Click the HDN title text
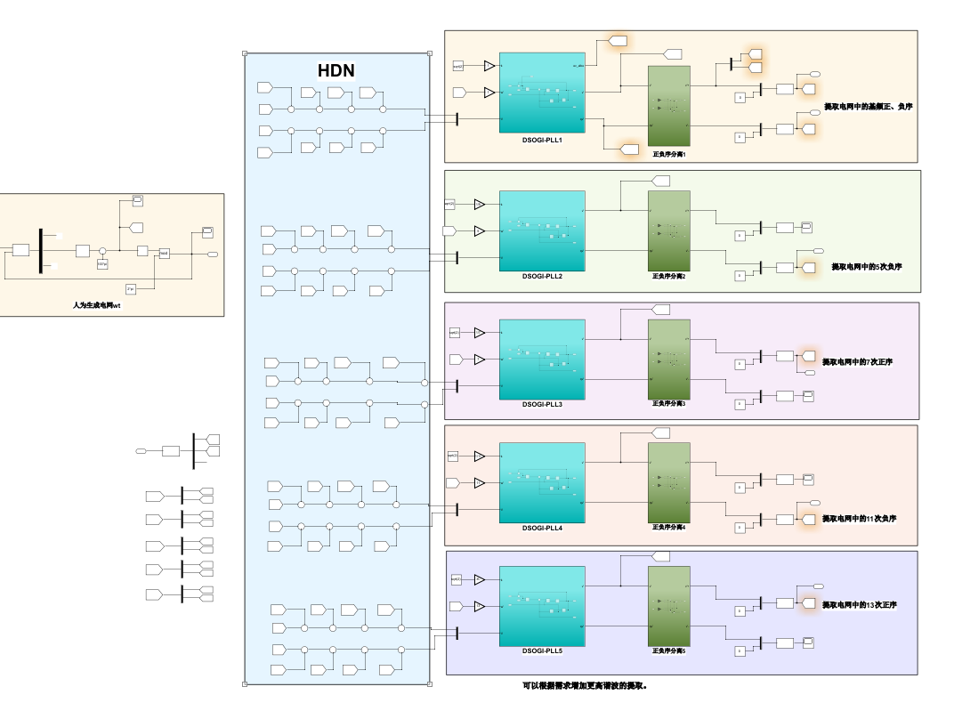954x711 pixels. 336,70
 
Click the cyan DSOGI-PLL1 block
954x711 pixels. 542,93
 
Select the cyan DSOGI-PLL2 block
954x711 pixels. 542,230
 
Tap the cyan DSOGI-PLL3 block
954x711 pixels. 542,360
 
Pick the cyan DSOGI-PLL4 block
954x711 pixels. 542,482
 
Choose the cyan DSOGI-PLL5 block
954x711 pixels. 542,606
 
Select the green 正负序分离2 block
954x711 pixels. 669,230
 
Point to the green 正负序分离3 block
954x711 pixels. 669,360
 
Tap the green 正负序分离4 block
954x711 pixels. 669,482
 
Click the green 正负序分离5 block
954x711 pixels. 669,606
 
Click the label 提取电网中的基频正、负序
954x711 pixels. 868,107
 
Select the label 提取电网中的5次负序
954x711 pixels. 867,267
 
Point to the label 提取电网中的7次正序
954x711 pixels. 857,362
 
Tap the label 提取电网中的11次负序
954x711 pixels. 859,519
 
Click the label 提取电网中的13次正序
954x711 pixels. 859,605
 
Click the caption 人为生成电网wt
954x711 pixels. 96,305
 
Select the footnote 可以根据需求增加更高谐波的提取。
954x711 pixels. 584,686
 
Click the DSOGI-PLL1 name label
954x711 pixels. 542,140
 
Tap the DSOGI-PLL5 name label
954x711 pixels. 542,650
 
